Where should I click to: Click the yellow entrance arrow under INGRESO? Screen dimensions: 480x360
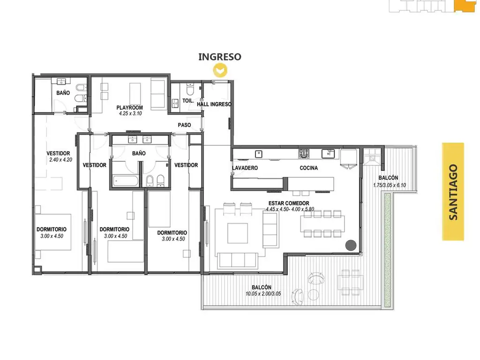(x=220, y=70)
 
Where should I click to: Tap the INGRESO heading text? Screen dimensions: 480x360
(x=220, y=57)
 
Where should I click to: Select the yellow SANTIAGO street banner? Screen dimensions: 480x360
(x=453, y=192)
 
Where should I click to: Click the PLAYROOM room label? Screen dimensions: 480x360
(x=129, y=107)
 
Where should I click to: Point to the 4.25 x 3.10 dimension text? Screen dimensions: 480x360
(x=130, y=113)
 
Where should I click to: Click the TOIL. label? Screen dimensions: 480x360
(x=188, y=100)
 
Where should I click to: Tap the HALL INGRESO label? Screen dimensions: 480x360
(x=214, y=104)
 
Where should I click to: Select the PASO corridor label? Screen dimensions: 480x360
(x=184, y=125)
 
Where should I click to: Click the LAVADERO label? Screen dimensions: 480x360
(x=245, y=168)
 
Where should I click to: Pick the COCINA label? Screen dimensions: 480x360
(x=308, y=168)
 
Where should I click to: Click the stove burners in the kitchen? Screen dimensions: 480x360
(x=304, y=153)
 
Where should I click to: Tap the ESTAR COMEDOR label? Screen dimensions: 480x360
(x=289, y=203)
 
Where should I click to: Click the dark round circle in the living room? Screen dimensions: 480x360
(x=351, y=245)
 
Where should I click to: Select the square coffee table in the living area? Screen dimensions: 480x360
(x=238, y=233)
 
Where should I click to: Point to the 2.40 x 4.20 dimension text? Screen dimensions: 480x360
(x=60, y=159)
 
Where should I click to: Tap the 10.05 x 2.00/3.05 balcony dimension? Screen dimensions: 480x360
(x=263, y=293)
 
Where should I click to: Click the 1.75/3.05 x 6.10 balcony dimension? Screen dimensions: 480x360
(x=390, y=185)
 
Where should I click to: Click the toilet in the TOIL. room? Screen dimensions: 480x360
(x=190, y=89)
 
